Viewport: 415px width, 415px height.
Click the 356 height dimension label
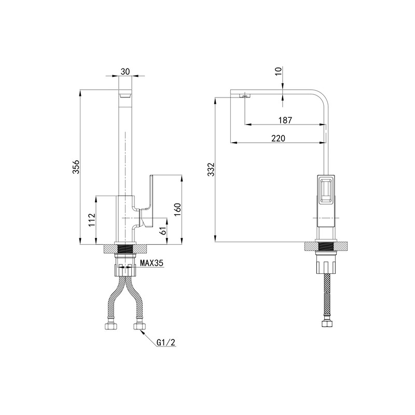pos(76,167)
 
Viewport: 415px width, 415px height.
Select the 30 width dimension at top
pos(125,72)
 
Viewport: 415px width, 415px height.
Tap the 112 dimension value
pos(92,220)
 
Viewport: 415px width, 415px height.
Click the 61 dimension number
pos(163,230)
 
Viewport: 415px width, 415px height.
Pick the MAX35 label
pos(151,263)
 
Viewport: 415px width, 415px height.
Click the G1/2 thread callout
pos(166,342)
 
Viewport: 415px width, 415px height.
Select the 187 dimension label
pos(285,120)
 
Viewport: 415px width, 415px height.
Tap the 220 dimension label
pos(279,138)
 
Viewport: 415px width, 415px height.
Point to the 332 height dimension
pos(211,170)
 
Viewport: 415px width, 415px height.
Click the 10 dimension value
pos(279,72)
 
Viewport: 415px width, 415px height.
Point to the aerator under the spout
pos(244,96)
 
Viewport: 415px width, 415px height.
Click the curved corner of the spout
pos(322,98)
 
